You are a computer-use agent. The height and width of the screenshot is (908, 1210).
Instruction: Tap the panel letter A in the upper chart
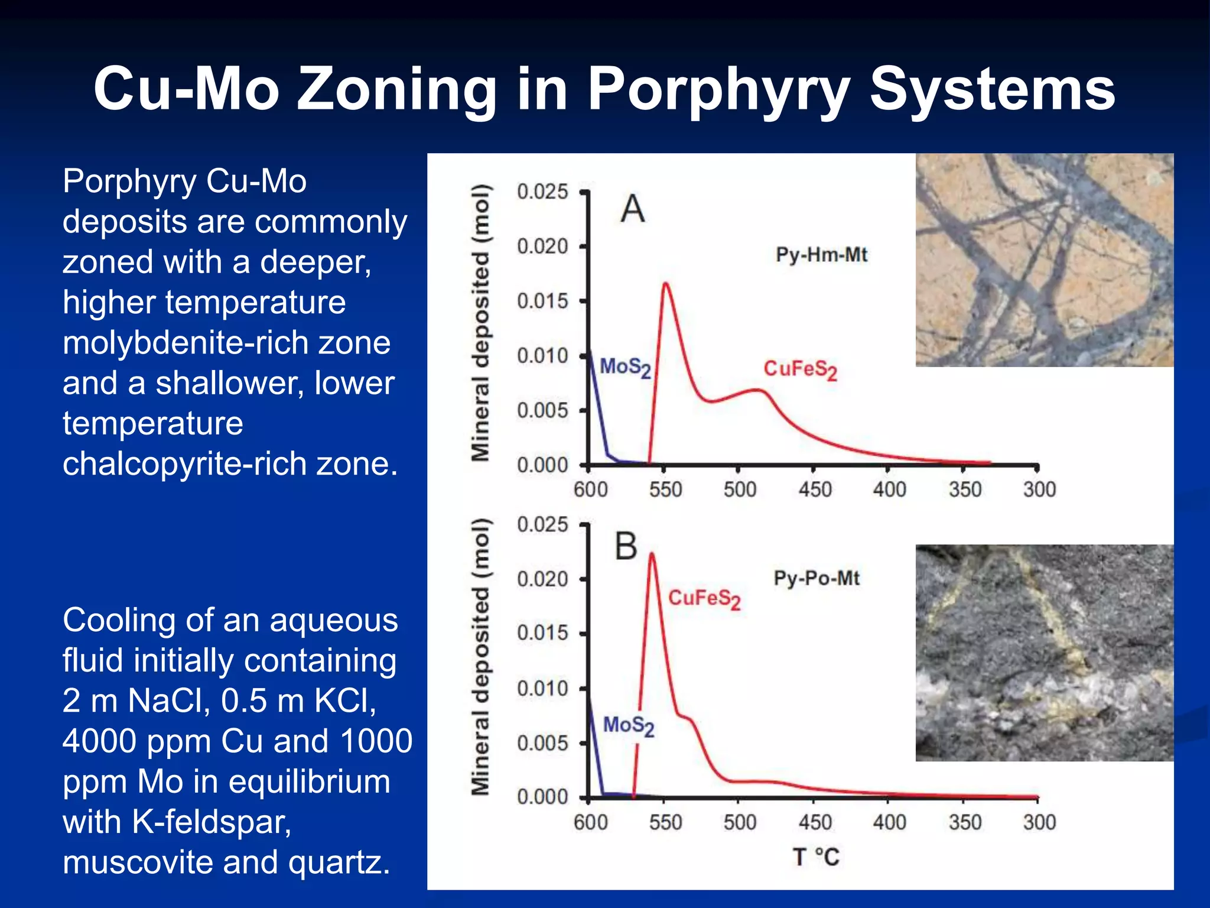coord(633,209)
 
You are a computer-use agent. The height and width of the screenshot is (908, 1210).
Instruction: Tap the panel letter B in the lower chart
coord(626,546)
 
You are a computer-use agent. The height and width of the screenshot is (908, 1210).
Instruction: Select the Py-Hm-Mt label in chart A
coord(821,255)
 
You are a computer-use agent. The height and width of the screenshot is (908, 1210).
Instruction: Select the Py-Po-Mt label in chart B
coord(817,578)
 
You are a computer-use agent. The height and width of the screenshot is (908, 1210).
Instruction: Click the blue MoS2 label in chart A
coord(625,368)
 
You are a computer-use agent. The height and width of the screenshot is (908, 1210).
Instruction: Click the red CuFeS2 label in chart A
coord(800,370)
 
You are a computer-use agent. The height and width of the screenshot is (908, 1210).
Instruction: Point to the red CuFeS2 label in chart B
coord(704,599)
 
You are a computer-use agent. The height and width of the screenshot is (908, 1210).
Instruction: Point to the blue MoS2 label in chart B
coord(628,726)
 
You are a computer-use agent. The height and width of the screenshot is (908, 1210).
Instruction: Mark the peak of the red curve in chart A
coord(666,283)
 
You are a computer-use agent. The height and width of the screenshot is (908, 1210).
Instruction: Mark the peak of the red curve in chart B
coord(652,554)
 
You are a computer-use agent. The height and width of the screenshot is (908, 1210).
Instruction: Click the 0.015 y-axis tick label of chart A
coord(542,301)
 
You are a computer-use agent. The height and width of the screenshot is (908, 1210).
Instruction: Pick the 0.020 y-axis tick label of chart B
coord(542,579)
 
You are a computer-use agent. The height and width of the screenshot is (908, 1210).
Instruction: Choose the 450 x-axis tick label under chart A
coord(815,489)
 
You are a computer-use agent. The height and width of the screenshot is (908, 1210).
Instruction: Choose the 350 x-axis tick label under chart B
coord(965,822)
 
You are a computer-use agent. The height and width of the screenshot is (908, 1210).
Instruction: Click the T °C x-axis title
coord(816,857)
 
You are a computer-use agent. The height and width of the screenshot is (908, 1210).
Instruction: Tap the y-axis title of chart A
coord(480,323)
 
